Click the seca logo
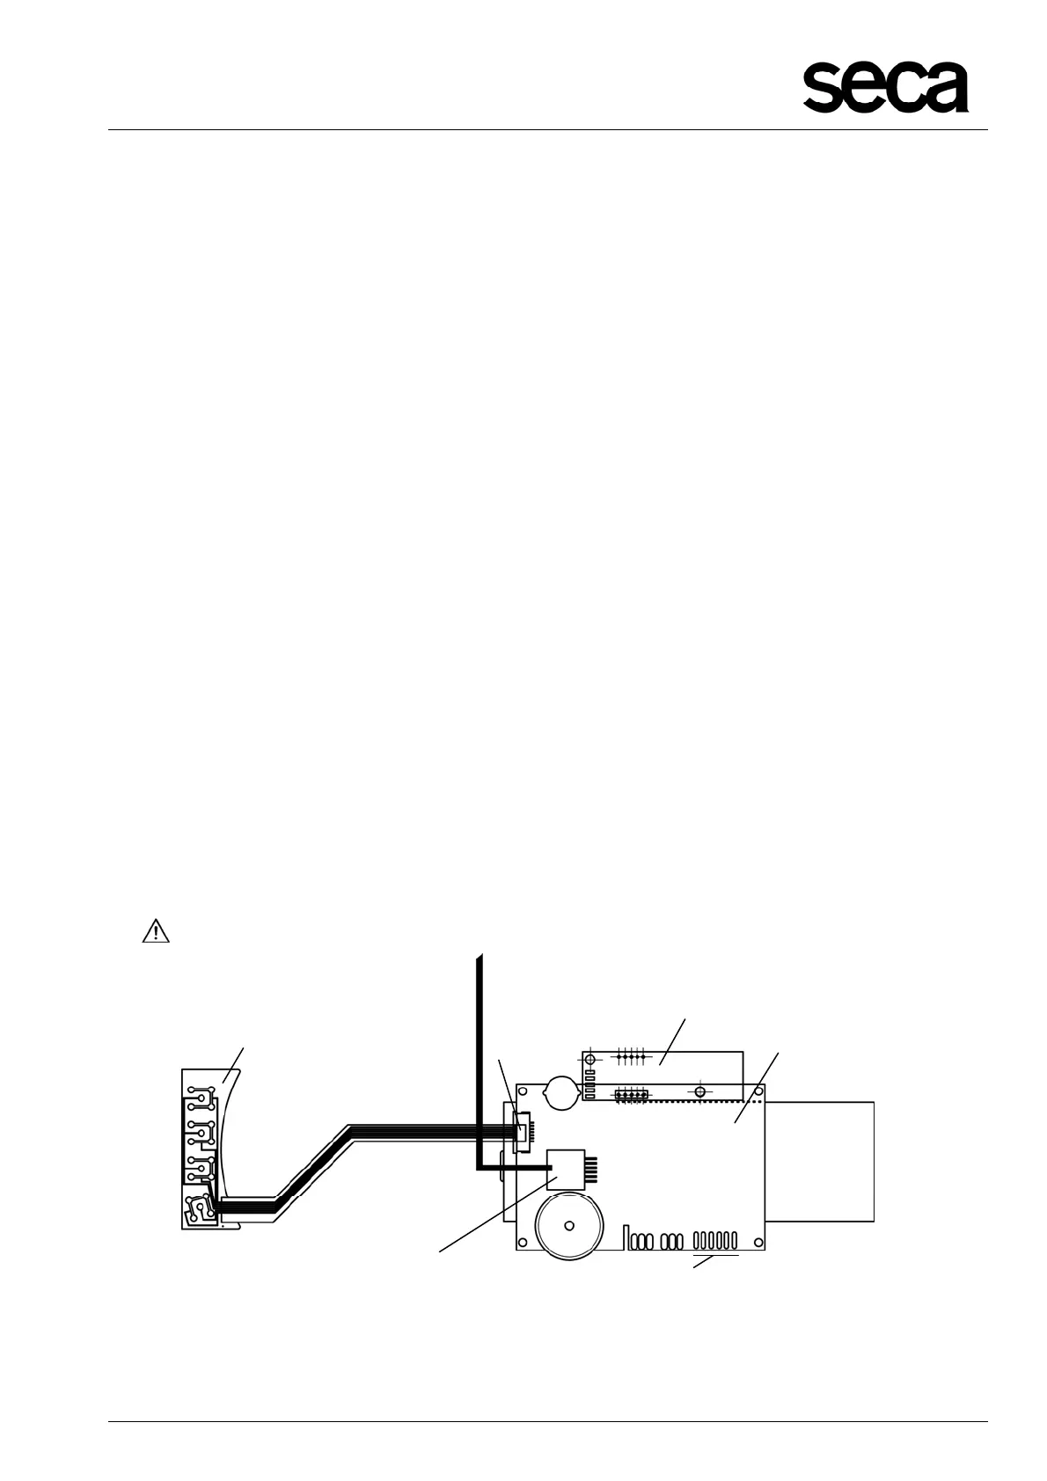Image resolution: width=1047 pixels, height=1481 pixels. point(885,87)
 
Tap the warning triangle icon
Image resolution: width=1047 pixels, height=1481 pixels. point(155,931)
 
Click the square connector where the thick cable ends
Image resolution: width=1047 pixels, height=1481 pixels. point(565,1169)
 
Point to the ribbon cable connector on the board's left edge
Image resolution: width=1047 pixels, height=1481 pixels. point(522,1127)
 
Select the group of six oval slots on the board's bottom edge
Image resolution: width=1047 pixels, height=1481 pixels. point(714,1241)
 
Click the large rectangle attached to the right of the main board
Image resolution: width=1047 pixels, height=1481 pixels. point(820,1161)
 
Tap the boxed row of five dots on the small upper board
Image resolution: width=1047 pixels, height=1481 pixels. point(630,1095)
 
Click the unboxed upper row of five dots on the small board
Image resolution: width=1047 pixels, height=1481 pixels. point(631,1054)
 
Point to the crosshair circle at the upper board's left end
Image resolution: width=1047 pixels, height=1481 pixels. point(590,1060)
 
